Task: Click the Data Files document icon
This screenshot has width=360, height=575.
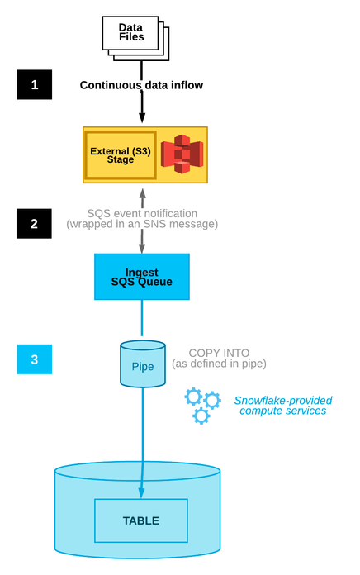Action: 132,35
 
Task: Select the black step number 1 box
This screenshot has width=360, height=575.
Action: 34,85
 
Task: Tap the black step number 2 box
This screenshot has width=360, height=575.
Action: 34,223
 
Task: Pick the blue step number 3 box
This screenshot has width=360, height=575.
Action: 34,359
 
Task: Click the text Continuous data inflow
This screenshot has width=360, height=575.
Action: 141,85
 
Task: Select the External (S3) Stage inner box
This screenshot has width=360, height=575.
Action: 121,154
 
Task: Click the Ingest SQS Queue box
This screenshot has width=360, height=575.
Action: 141,277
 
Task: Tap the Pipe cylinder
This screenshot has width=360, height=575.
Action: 142,364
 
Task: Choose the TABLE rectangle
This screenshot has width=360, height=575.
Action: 141,520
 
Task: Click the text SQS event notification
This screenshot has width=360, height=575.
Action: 142,212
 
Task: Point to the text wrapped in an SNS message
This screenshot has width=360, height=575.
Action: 142,224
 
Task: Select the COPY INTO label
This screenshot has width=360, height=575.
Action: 219,352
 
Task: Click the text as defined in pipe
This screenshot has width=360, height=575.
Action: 219,364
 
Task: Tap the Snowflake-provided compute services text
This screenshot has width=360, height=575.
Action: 282,405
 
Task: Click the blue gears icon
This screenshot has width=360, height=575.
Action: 202,405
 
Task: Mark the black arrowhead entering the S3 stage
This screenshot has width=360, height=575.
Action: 142,118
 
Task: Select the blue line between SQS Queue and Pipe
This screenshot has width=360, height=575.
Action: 142,318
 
